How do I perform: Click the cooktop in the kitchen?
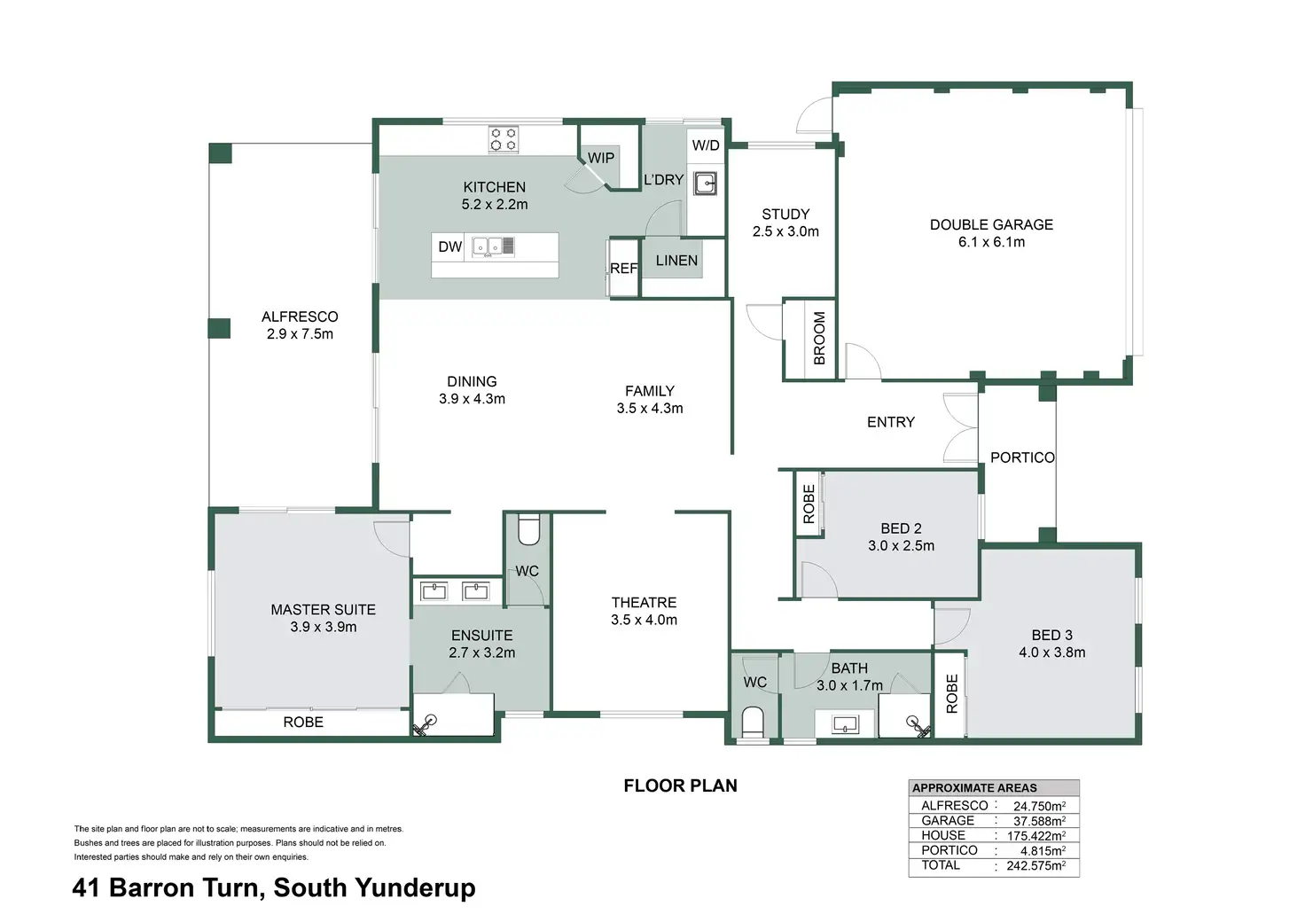[x=504, y=139]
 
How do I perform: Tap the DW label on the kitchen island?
[x=450, y=246]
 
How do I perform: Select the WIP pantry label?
[x=601, y=158]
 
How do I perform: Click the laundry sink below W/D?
[x=705, y=184]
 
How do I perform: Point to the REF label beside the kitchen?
[x=623, y=268]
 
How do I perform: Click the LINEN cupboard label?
[x=676, y=261]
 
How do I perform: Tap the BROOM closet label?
[x=819, y=338]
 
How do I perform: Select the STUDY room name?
[x=785, y=215]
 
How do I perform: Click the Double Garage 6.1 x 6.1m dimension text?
[x=991, y=242]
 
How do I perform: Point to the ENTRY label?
[x=890, y=422]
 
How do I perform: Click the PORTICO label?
[x=1022, y=457]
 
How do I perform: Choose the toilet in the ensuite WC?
[x=528, y=530]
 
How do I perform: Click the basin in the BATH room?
[x=845, y=724]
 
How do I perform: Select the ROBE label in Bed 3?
[x=952, y=694]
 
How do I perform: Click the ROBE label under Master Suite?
[x=303, y=723]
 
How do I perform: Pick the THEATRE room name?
[x=644, y=603]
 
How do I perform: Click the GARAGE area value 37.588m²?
[x=1039, y=821]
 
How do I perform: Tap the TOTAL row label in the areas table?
[x=940, y=865]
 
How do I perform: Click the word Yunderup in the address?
[x=415, y=888]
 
